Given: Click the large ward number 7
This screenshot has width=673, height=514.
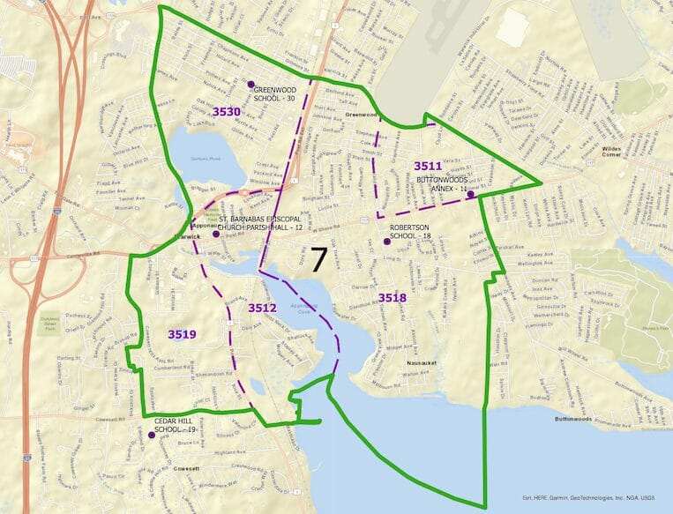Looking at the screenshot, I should (318, 259).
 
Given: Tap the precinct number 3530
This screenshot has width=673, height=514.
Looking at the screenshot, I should (227, 112).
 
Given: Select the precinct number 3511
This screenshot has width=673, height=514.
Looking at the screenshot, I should (428, 166).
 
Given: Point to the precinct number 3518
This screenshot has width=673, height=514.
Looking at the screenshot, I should (393, 298).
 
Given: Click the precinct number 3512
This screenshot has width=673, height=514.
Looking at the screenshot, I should (262, 308).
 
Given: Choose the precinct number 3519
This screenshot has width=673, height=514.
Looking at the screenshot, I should (182, 334).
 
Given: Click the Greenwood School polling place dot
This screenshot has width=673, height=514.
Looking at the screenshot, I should (251, 85).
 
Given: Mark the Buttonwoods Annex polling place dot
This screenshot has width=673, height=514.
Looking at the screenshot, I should (472, 195).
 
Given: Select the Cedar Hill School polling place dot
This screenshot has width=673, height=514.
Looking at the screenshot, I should (152, 435).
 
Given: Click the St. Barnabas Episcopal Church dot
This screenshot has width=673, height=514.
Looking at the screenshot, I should (216, 235).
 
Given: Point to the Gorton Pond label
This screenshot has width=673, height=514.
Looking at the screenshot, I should (204, 159).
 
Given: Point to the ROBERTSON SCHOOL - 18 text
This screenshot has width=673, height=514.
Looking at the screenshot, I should (410, 232).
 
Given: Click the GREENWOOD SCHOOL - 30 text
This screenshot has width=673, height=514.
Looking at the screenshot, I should (275, 94).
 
